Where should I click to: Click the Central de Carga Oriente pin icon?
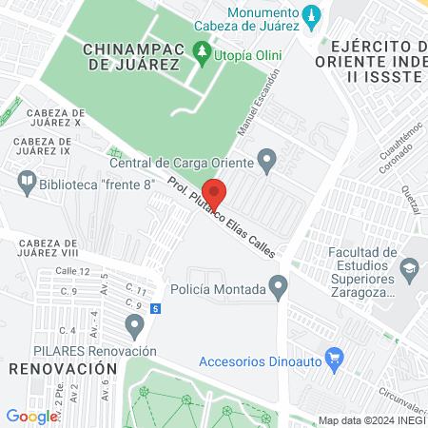268,160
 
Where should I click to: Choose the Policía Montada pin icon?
278,285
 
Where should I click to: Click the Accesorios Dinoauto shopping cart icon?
333,360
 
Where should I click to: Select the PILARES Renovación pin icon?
135,328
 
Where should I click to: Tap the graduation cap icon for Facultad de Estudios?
408,269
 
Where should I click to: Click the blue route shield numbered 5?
155,308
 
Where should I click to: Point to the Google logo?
32,416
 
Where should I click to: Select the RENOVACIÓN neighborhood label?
55,367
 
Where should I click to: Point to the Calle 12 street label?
71,272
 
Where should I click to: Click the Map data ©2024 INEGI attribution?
371,420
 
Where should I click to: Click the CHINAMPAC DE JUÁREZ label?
131,56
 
